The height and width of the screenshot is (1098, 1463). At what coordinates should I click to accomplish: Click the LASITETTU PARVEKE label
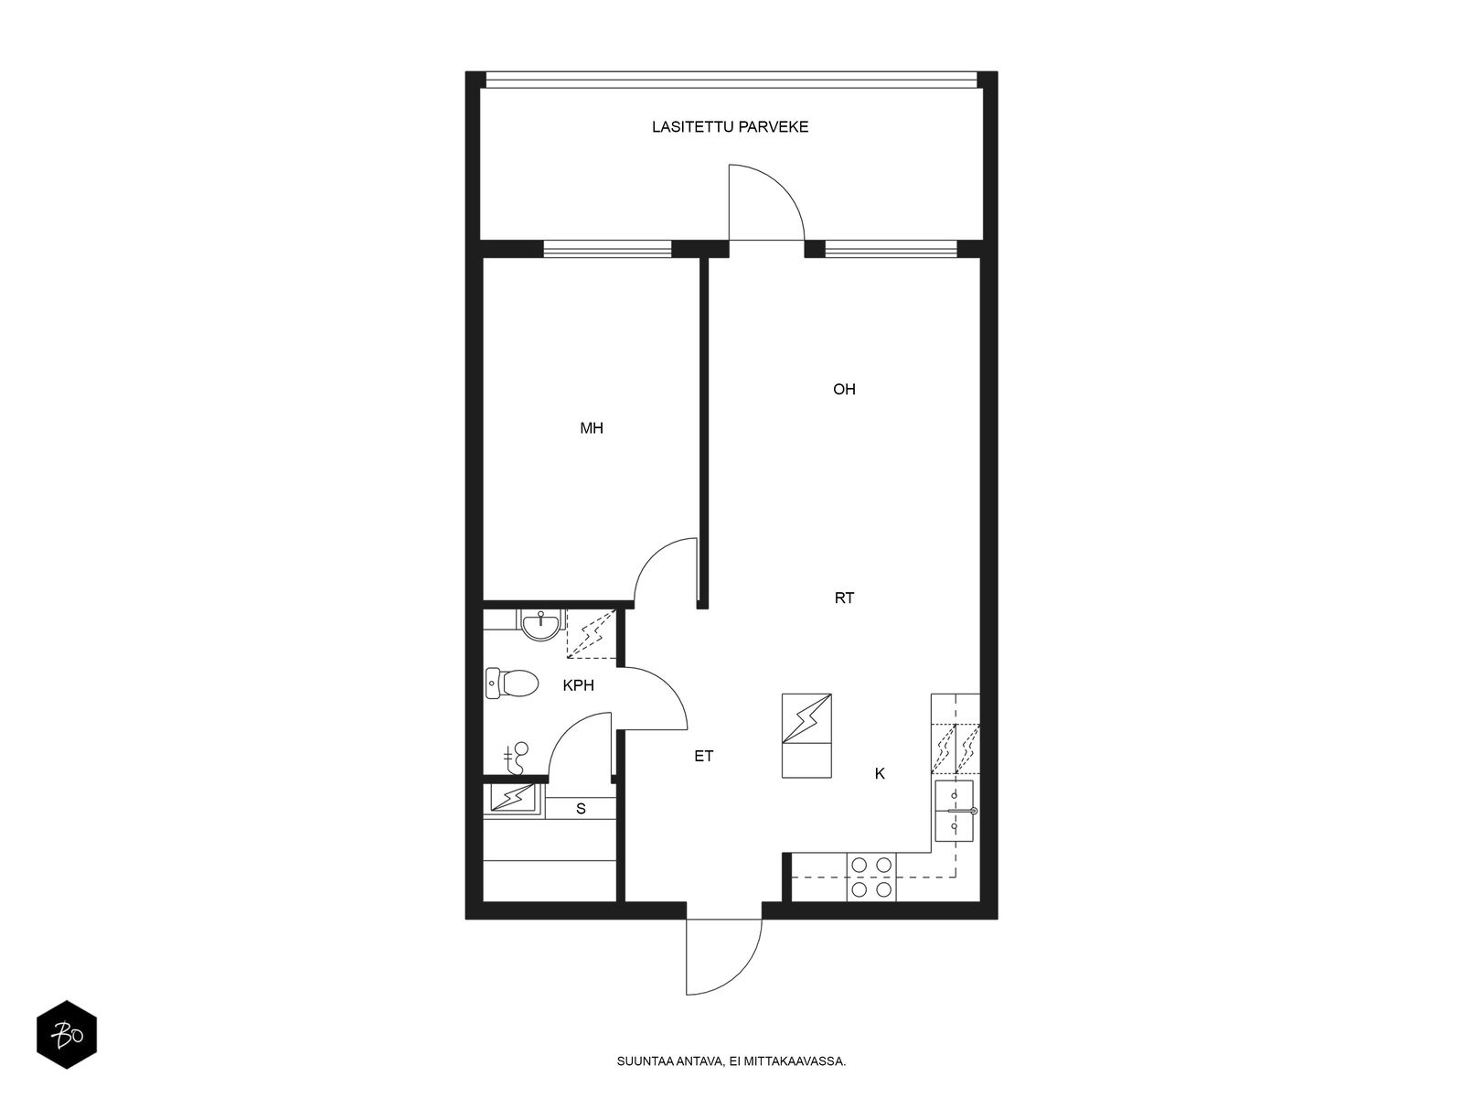(x=730, y=126)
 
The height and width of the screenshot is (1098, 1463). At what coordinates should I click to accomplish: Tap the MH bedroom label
(x=592, y=428)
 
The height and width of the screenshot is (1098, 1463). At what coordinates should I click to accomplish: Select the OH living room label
(x=844, y=390)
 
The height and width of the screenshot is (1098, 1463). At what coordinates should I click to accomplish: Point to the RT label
(x=844, y=598)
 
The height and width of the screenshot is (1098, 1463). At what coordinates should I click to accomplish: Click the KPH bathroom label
(x=578, y=685)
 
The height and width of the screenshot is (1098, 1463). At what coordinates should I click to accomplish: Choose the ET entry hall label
(x=704, y=756)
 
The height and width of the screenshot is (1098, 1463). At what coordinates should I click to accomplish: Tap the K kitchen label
(x=880, y=773)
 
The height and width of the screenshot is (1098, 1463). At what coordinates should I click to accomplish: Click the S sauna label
(x=581, y=809)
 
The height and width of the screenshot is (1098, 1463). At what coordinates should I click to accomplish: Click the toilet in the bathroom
(x=511, y=684)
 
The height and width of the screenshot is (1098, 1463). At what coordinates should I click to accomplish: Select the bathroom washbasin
(x=539, y=625)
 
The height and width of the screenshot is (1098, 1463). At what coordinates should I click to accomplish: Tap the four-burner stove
(x=871, y=877)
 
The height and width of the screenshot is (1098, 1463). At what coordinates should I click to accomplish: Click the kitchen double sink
(x=954, y=811)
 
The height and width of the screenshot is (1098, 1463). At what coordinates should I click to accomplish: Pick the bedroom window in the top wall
(x=607, y=249)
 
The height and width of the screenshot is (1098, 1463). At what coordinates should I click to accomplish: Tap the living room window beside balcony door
(x=892, y=249)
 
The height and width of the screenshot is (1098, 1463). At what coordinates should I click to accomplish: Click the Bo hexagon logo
(x=67, y=1034)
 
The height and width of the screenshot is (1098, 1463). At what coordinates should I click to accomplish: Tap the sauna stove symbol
(x=513, y=797)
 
